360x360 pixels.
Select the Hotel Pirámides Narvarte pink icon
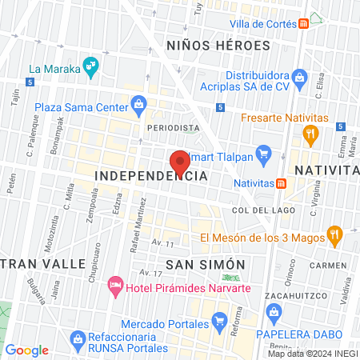pos(115,286)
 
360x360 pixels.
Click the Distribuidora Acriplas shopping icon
pos(300,78)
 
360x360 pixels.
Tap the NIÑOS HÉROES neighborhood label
pos(218,46)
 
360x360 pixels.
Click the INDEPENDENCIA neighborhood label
pos(151,174)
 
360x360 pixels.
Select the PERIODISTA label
pos(173,127)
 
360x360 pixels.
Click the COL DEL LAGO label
pos(258,210)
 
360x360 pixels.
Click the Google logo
pos(27,350)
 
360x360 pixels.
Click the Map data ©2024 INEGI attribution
pos(312,354)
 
